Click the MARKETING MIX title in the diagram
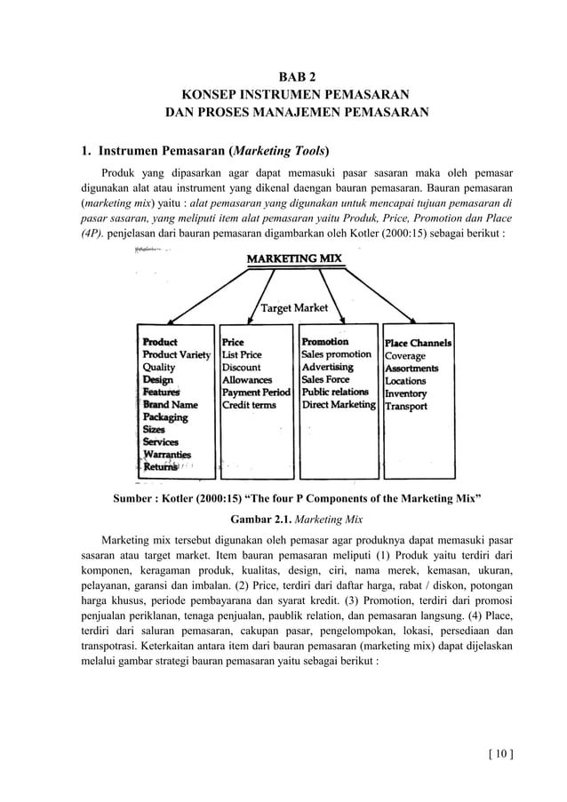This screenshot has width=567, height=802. coord(294,258)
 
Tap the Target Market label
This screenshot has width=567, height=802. coord(295,308)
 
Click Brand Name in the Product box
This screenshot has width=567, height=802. coord(170,404)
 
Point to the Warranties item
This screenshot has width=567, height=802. coord(166,455)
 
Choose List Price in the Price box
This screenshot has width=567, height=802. coord(244,354)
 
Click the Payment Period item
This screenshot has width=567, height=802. coord(256,392)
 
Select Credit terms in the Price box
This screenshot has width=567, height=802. coord(249,404)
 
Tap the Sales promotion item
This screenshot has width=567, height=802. coord(337,354)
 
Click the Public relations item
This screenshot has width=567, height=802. coord(335,392)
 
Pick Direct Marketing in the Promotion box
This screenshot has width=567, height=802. coord(339,404)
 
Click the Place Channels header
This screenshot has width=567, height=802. coord(418,343)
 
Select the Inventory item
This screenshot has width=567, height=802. coord(405,393)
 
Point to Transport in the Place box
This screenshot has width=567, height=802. coord(405,406)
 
